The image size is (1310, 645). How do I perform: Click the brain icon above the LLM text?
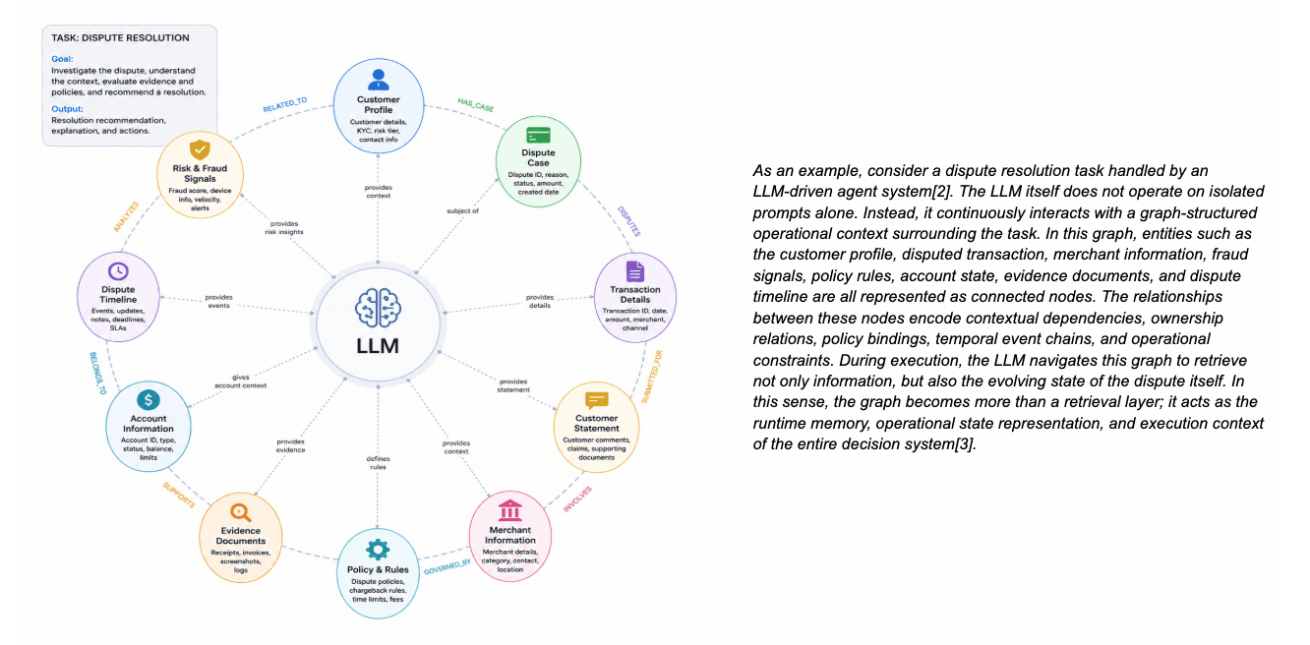[x=378, y=308]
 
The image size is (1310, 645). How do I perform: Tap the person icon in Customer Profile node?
[x=379, y=80]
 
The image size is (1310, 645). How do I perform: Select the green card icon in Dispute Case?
[x=538, y=135]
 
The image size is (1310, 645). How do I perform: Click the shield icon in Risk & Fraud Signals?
[x=200, y=149]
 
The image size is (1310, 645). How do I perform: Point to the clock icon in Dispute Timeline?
[x=118, y=271]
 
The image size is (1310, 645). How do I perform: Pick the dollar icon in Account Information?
[x=149, y=400]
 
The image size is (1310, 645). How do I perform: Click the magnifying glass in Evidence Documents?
[x=240, y=513]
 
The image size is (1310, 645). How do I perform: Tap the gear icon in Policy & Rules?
[x=378, y=550]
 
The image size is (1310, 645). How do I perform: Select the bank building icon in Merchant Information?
[x=510, y=510]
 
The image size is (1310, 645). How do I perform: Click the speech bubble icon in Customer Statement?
[x=596, y=400]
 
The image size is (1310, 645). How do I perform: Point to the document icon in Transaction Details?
[x=635, y=271]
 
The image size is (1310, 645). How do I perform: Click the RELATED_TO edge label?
[x=285, y=104]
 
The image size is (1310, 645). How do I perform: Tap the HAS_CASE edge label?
[x=475, y=105]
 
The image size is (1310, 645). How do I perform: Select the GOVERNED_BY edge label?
[x=447, y=567]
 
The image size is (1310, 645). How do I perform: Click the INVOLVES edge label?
[x=577, y=499]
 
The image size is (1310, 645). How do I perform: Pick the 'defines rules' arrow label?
[x=378, y=463]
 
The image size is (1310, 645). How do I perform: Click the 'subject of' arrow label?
[x=462, y=211]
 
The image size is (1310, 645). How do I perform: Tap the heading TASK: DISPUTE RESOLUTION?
[x=120, y=38]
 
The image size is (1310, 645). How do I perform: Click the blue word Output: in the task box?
[x=67, y=109]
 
